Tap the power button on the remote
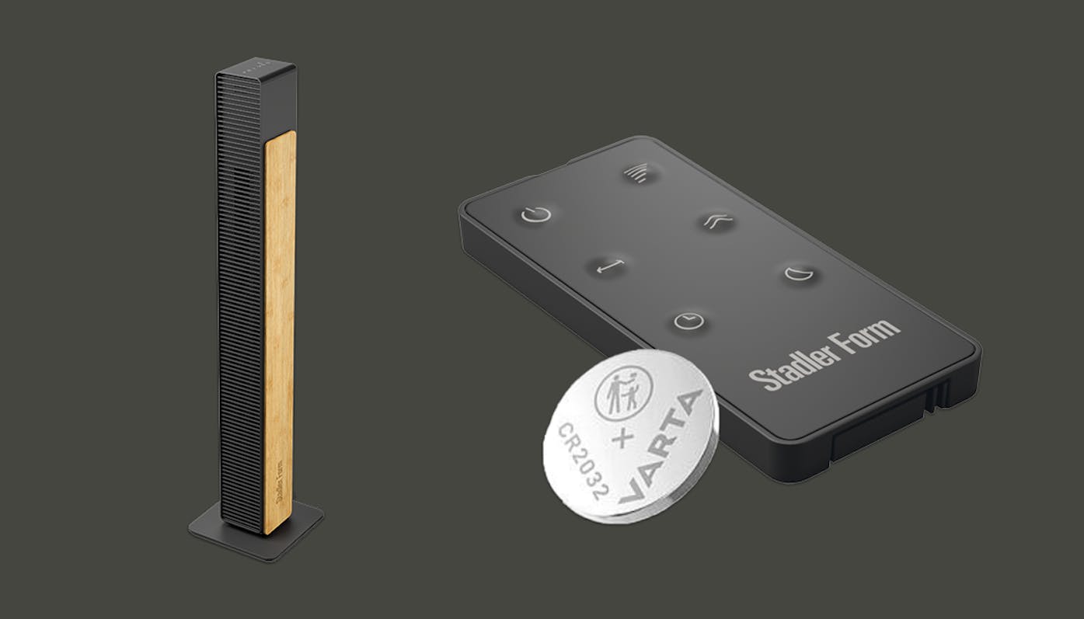536,214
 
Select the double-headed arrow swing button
610,266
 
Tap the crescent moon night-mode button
798,273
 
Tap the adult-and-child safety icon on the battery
623,392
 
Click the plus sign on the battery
623,438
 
